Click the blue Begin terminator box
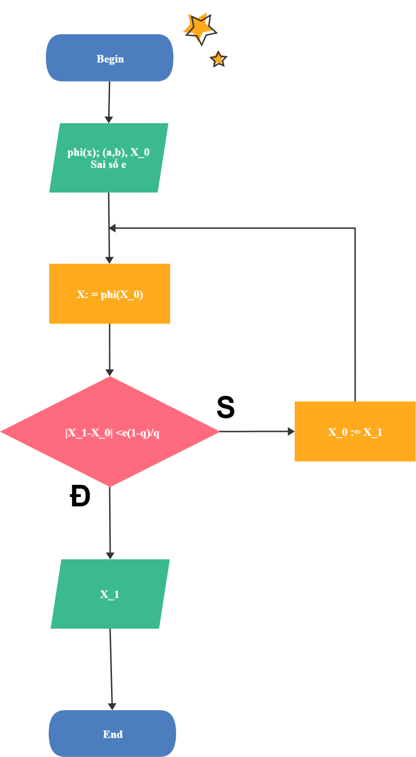pos(110,58)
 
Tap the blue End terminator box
pos(112,734)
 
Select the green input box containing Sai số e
pos(109,158)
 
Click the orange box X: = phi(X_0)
pos(110,294)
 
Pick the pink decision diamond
pos(110,431)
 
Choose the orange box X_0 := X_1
pos(355,431)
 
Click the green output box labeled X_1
pos(110,594)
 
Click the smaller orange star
pos(218,59)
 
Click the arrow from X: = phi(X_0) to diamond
pos(110,349)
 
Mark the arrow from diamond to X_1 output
pos(110,523)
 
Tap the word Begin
pos(110,59)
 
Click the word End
pos(113,734)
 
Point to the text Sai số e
pos(108,164)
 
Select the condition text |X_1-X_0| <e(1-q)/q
pos(112,433)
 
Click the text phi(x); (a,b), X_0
pos(109,152)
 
